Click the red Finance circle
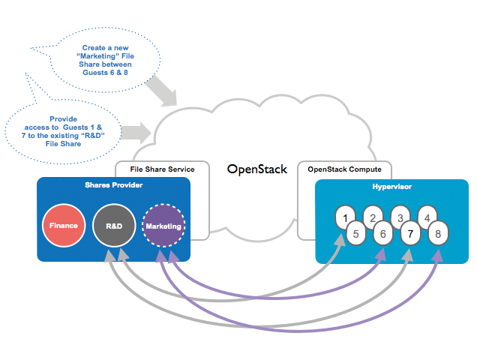[64, 226]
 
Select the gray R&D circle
[114, 226]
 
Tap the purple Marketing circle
[163, 226]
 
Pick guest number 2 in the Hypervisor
[373, 217]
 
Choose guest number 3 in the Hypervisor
[400, 217]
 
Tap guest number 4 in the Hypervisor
[427, 217]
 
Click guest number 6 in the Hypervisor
[382, 233]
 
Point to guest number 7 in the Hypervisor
[409, 233]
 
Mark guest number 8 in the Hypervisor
[437, 233]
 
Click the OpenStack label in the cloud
[257, 169]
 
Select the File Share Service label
[162, 169]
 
